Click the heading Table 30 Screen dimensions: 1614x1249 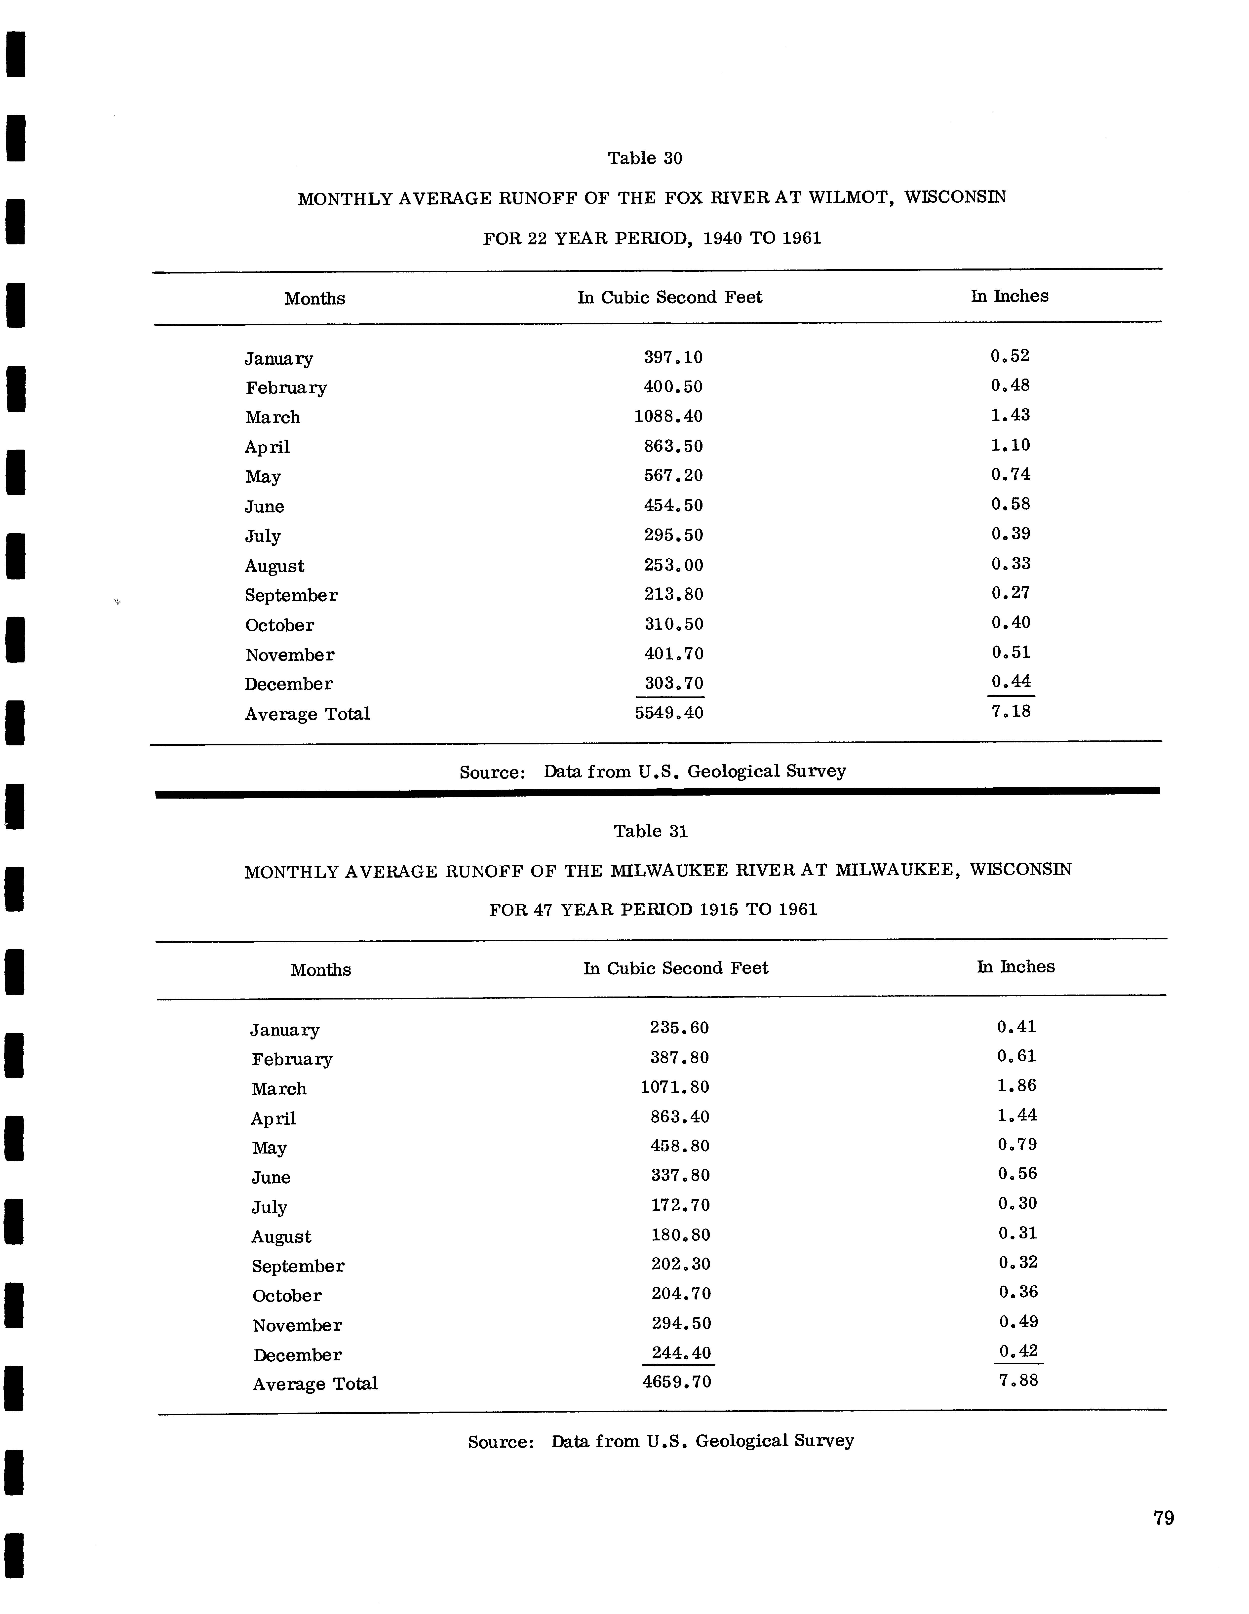[644, 158]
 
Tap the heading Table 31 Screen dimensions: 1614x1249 [650, 831]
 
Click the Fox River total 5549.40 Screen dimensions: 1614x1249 [669, 713]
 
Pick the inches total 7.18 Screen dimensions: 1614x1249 [1010, 712]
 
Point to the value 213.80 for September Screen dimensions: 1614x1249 [673, 594]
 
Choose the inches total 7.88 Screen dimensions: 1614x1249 [1018, 1380]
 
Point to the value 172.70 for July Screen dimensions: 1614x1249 [680, 1205]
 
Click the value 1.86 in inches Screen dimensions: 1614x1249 [1017, 1086]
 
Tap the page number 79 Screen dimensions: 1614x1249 [1163, 1518]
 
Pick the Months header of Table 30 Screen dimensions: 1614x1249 [315, 299]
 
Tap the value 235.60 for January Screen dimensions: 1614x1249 [679, 1028]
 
